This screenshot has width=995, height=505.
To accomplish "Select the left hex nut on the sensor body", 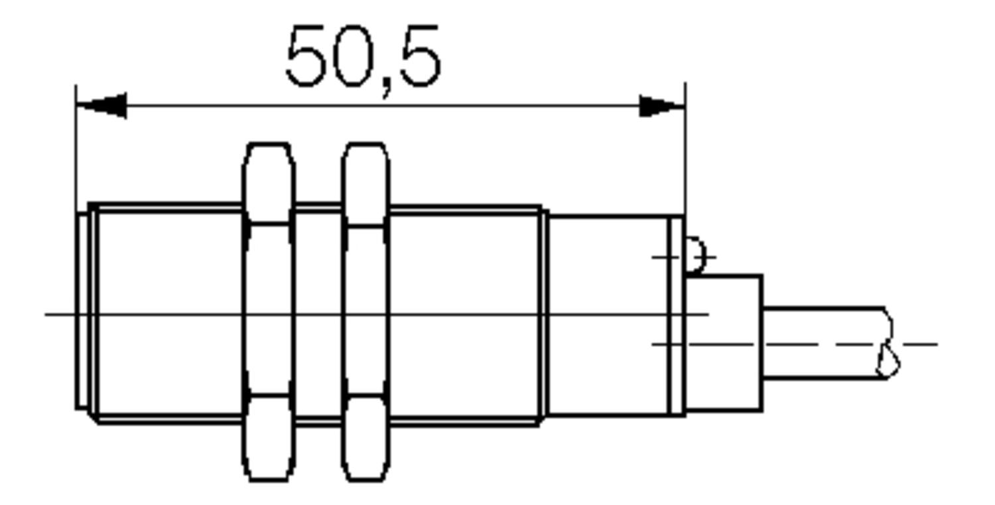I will click(x=268, y=311).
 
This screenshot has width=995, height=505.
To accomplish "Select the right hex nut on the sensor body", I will click(x=365, y=311).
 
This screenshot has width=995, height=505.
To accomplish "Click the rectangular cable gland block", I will click(x=724, y=342).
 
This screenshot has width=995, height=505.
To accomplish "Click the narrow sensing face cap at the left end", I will click(x=82, y=311).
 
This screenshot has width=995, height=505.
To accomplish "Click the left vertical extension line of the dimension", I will click(x=76, y=146).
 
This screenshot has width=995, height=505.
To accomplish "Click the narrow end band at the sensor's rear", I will click(x=676, y=315).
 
